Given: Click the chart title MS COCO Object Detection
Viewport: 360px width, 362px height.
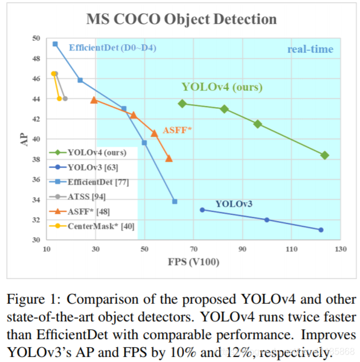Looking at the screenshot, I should (181, 19).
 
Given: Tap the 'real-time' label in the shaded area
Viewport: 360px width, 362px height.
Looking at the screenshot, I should (310, 49).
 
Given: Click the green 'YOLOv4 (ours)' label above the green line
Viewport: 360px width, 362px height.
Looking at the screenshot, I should (222, 87).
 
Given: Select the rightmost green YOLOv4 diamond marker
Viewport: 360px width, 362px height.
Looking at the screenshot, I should (325, 155).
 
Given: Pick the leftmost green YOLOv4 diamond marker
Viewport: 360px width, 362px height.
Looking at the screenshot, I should (182, 104).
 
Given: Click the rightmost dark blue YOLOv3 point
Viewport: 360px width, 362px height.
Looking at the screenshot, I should (321, 230).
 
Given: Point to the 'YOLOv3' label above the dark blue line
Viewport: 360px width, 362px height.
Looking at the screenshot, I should (234, 203).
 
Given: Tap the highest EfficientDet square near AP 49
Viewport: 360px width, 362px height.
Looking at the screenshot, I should (55, 44).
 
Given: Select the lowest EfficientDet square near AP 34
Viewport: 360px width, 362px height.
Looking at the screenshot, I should (175, 201).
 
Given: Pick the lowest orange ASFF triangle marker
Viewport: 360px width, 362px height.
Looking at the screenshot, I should (169, 158).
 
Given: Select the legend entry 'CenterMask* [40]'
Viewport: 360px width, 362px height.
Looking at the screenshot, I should (101, 226).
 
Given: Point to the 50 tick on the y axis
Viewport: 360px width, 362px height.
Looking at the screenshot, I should (36, 38).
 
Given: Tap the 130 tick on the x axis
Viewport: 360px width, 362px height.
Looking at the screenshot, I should (341, 249).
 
